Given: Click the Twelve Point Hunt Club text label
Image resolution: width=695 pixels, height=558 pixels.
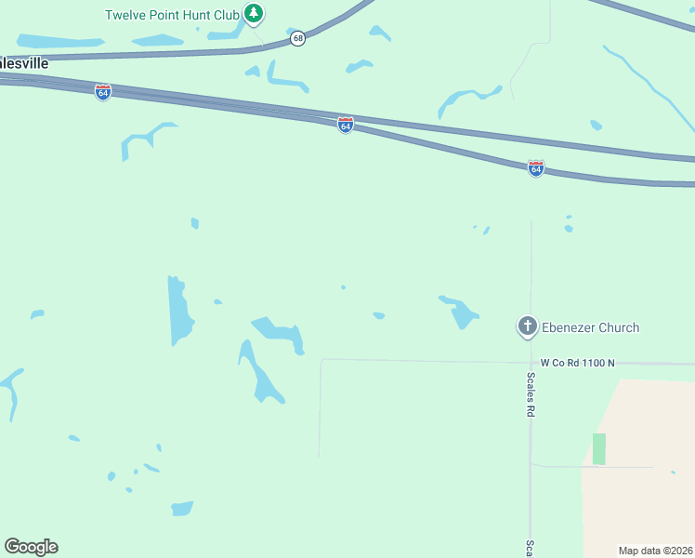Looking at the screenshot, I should (172, 15).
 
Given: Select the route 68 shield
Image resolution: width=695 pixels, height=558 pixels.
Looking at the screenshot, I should (297, 38).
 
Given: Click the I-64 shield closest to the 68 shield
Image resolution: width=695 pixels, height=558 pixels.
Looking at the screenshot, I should (345, 125).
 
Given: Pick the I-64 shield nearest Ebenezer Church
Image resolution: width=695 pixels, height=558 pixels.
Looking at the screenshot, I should (536, 168).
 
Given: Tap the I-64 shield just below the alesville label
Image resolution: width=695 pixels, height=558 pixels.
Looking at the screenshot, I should (103, 92).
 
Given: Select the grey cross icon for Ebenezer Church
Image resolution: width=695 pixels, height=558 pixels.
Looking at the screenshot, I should (527, 326).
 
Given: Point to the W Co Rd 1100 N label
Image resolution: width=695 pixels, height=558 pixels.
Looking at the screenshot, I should (579, 363).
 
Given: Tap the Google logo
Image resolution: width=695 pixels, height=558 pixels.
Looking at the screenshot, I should (31, 547).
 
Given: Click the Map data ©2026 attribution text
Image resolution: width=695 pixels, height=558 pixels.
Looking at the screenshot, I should (656, 551).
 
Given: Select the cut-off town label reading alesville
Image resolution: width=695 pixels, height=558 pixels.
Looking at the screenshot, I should (24, 63).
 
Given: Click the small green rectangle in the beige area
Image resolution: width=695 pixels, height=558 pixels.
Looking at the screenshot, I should (599, 448).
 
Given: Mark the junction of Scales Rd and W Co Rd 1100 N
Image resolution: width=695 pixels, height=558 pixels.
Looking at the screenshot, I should (531, 362).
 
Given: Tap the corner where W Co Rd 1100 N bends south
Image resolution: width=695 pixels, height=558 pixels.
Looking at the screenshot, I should (321, 360).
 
